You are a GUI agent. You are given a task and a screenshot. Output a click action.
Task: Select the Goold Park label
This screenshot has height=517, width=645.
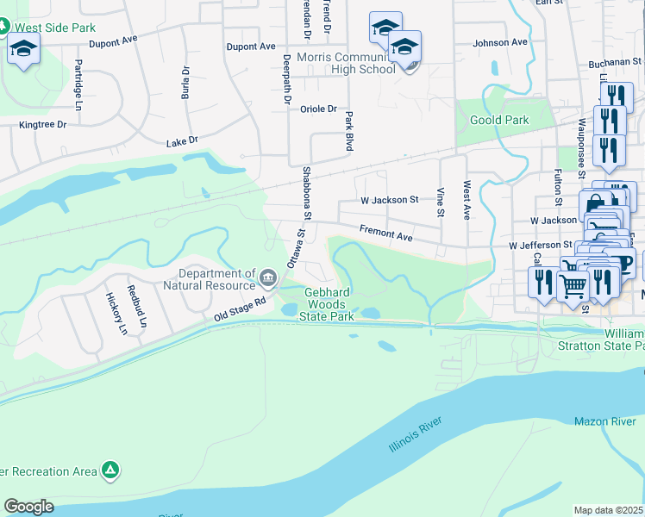(x=499, y=120)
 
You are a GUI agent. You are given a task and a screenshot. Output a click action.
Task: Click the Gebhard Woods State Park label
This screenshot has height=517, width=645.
(x=327, y=304)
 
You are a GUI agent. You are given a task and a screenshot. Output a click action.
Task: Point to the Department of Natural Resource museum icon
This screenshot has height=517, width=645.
(x=269, y=277)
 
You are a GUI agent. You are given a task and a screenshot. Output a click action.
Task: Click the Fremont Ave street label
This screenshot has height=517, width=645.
(x=385, y=234)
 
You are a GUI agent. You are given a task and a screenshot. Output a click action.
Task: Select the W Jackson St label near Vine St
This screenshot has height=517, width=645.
(x=390, y=200)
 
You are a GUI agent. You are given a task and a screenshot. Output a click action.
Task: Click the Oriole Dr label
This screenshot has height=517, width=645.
(x=318, y=109)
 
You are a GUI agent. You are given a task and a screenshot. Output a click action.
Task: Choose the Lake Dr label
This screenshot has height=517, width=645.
(x=182, y=140)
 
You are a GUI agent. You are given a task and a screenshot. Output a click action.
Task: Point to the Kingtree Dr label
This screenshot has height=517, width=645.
(x=43, y=125)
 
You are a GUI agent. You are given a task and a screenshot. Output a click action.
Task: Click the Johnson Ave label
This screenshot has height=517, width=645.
(x=500, y=42)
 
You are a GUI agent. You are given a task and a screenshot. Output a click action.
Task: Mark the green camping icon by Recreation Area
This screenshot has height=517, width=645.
(x=110, y=470)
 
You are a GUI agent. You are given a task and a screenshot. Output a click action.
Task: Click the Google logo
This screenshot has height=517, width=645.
(x=29, y=506)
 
